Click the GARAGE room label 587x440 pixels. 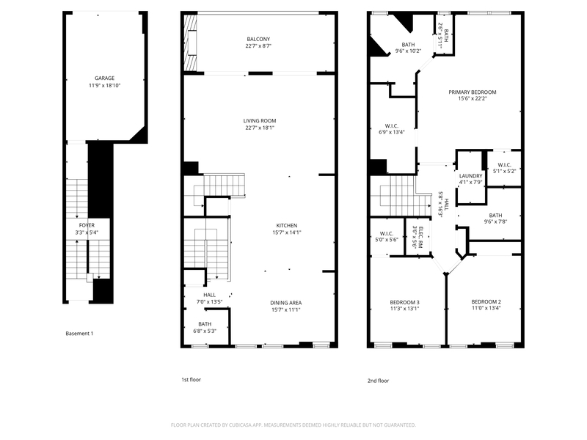(x=104, y=78)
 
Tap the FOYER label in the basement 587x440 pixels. (x=87, y=225)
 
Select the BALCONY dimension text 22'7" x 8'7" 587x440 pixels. (x=258, y=46)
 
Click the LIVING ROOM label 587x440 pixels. (x=260, y=120)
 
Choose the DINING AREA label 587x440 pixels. (x=286, y=303)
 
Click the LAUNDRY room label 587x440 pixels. (x=470, y=176)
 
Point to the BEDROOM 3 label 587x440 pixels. (x=404, y=302)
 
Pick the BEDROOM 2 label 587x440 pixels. (x=486, y=302)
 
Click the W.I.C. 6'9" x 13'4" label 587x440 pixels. (x=391, y=125)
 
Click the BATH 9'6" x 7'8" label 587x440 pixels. (x=495, y=215)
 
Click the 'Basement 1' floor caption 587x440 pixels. (x=79, y=334)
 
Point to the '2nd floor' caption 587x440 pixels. (x=378, y=381)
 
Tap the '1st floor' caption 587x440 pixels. (x=191, y=380)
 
